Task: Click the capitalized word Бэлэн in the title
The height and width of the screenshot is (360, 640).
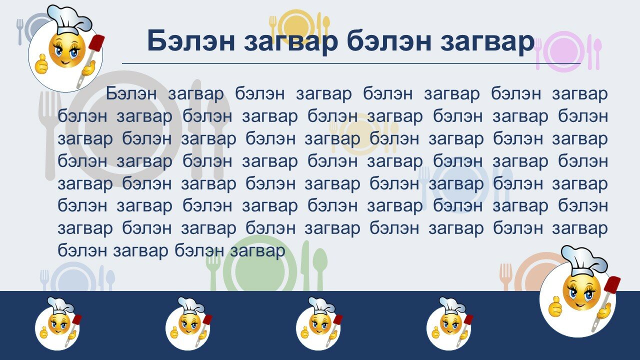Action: point(191,41)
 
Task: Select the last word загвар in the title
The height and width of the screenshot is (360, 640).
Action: point(487,43)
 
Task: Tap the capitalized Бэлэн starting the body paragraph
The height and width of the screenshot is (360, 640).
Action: point(131,93)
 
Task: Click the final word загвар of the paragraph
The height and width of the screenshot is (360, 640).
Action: point(257,251)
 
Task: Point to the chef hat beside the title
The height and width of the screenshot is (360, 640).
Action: point(69,20)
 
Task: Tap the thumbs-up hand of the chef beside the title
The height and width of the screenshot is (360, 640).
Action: point(41,63)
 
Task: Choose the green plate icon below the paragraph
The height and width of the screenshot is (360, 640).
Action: point(259,264)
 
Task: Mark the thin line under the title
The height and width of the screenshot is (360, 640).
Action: point(351,63)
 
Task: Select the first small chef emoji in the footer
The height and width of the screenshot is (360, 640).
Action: point(58,324)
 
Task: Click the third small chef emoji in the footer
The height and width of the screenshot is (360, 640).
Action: point(319,324)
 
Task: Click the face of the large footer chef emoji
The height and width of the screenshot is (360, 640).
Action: point(581,292)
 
